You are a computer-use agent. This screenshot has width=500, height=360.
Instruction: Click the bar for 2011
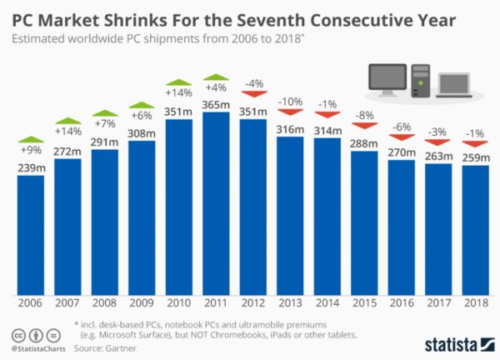pyautogui.click(x=215, y=204)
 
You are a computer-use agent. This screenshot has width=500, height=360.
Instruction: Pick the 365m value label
pyautogui.click(x=215, y=103)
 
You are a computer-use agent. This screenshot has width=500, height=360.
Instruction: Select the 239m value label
pyautogui.click(x=30, y=167)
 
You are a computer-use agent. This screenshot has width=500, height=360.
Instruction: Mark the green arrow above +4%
pyautogui.click(x=215, y=77)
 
